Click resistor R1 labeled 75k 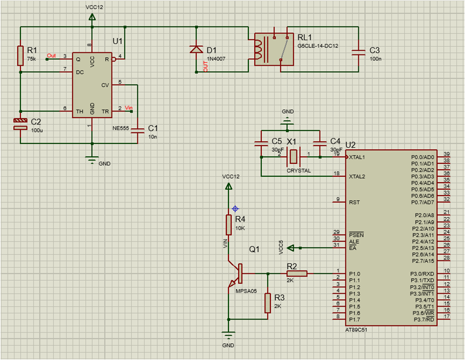pyautogui.click(x=20, y=56)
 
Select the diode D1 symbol pyautogui.click(x=196, y=50)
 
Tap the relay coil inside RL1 pyautogui.click(x=259, y=49)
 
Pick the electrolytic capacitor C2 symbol pyautogui.click(x=20, y=124)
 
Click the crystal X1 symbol pyautogui.click(x=293, y=157)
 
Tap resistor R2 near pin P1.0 pyautogui.click(x=297, y=273)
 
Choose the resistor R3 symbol pyautogui.click(x=267, y=303)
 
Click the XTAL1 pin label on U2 pyautogui.click(x=358, y=157)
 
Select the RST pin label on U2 pyautogui.click(x=354, y=203)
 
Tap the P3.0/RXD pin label pyautogui.click(x=422, y=274)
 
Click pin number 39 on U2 pyautogui.click(x=447, y=154)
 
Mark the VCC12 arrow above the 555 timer pyautogui.click(x=92, y=17)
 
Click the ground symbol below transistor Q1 pyautogui.click(x=228, y=334)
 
